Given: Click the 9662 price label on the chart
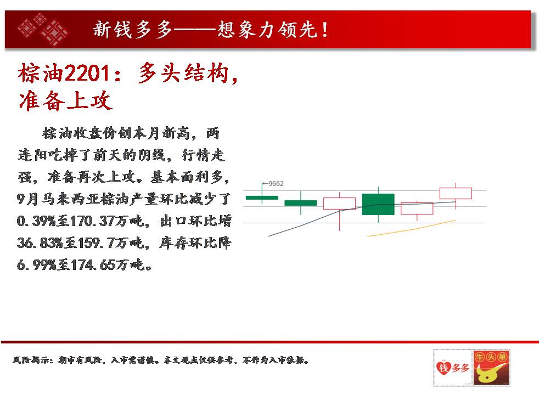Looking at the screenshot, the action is (276, 183).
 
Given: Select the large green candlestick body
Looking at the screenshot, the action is (378, 205).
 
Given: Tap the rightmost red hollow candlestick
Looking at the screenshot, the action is (456, 193).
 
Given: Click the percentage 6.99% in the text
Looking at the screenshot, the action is (36, 265).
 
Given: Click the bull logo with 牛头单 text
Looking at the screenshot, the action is (491, 368).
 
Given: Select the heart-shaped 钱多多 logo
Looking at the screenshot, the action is (453, 368).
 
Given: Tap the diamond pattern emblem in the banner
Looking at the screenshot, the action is (43, 30).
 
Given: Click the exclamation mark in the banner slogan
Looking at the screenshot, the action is (324, 30).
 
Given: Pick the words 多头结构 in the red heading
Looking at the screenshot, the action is (183, 73).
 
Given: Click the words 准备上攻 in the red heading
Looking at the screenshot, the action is (65, 100).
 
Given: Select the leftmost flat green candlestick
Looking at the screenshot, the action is (262, 198).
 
